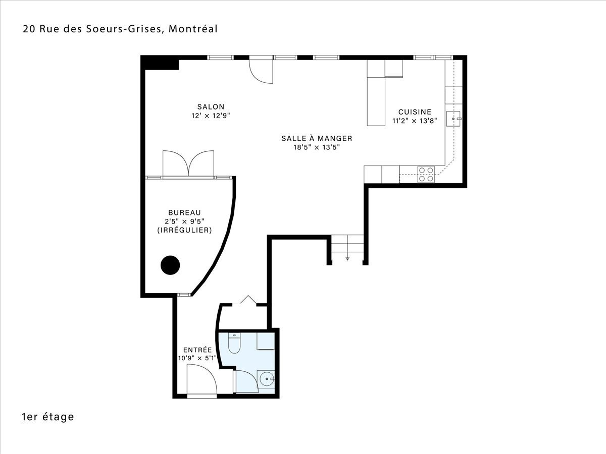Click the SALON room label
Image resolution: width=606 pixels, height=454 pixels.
(211, 106)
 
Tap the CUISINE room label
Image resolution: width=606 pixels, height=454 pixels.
(415, 112)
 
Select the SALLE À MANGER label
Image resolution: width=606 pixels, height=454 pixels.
(317, 138)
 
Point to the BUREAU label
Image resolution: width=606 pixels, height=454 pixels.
(184, 212)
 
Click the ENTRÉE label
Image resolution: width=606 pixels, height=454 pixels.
(197, 350)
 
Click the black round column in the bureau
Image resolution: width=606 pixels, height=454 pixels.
(170, 265)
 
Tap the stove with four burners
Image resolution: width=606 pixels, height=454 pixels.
(426, 174)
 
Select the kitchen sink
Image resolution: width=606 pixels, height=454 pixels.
(453, 119)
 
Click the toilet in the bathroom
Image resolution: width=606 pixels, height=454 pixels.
(234, 343)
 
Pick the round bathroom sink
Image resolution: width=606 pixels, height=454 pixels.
(267, 379)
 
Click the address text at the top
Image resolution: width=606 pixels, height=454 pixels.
(120, 29)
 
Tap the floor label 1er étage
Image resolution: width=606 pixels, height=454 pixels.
(48, 417)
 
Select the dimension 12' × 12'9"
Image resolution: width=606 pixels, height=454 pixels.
(211, 116)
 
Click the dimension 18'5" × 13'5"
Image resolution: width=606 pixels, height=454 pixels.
(317, 147)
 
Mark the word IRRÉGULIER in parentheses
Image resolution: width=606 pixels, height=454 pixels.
(184, 230)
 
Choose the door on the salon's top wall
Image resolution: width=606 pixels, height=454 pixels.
(261, 71)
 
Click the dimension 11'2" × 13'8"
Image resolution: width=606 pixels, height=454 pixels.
(415, 121)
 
